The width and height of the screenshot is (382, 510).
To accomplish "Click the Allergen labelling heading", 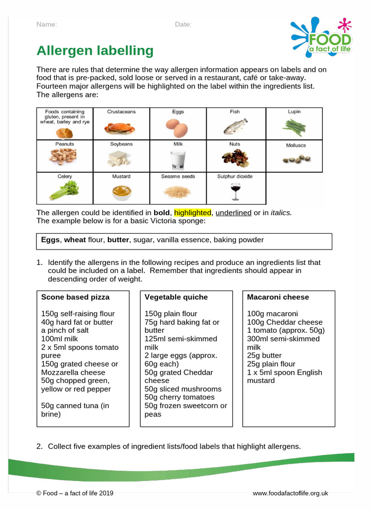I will [95, 51].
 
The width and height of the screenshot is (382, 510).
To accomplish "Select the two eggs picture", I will [178, 128].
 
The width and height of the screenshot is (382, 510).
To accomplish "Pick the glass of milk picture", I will [178, 160].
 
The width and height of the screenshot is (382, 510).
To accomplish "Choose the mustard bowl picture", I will [121, 191].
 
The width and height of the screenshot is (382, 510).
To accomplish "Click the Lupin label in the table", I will [294, 112].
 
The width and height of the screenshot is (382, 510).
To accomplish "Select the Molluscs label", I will [296, 145].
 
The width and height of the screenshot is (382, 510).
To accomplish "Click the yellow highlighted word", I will [192, 213].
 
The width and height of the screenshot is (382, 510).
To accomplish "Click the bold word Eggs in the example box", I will [50, 240].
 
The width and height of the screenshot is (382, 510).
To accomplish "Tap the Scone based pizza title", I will [75, 297].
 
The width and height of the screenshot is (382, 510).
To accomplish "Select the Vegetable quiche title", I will [176, 297].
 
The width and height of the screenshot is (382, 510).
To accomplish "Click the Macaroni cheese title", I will [278, 297].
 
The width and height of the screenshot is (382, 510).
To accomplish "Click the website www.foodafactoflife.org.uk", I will [290, 493].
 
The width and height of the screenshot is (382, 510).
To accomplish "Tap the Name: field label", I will [47, 24].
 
